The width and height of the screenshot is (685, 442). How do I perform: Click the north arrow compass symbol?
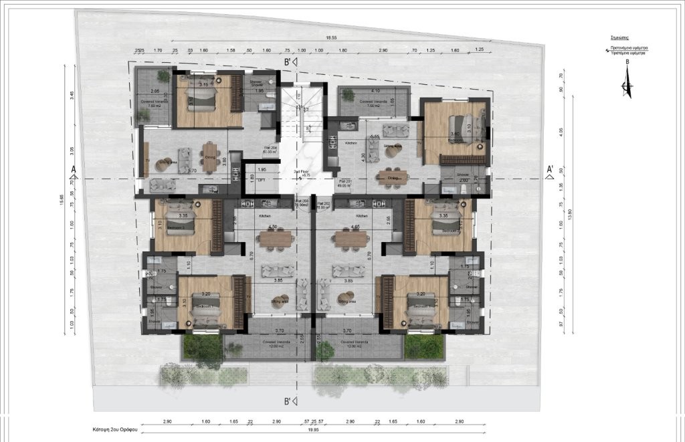(627, 85)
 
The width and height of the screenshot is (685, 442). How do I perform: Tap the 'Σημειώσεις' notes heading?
(627, 39)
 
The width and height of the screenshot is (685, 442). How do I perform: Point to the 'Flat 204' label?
(270, 148)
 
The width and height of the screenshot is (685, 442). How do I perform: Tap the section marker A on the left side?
(72, 169)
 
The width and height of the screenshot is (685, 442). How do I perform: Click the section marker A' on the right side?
(549, 169)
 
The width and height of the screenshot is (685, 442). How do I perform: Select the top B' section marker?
(292, 63)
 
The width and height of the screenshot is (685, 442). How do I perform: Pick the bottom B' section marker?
(292, 401)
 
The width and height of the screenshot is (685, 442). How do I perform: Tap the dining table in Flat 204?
(211, 156)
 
